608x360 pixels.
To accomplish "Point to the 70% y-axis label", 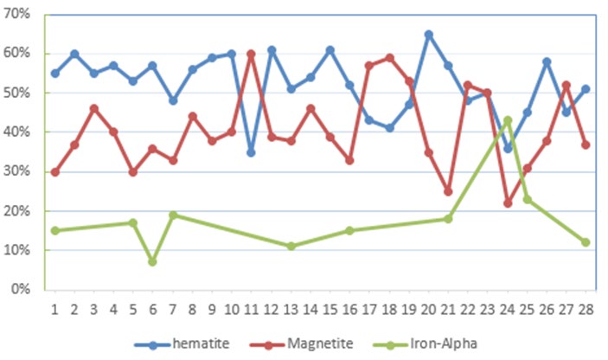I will [20, 14].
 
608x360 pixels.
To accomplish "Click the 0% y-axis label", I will [23, 290].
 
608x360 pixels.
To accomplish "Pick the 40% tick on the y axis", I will [20, 132].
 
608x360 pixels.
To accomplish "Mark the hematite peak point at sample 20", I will [428, 35].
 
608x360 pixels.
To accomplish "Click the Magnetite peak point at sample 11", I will [251, 54].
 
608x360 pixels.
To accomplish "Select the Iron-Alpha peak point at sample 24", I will [508, 120].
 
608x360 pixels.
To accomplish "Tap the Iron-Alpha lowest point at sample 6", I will [153, 261].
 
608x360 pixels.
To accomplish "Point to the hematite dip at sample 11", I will [251, 152].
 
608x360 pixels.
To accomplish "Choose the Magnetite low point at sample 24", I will [508, 202].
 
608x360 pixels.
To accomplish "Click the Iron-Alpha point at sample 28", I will [586, 242].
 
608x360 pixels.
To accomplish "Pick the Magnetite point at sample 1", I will [54, 171].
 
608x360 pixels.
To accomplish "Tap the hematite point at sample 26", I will [547, 61].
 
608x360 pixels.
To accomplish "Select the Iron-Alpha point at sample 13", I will [291, 246].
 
